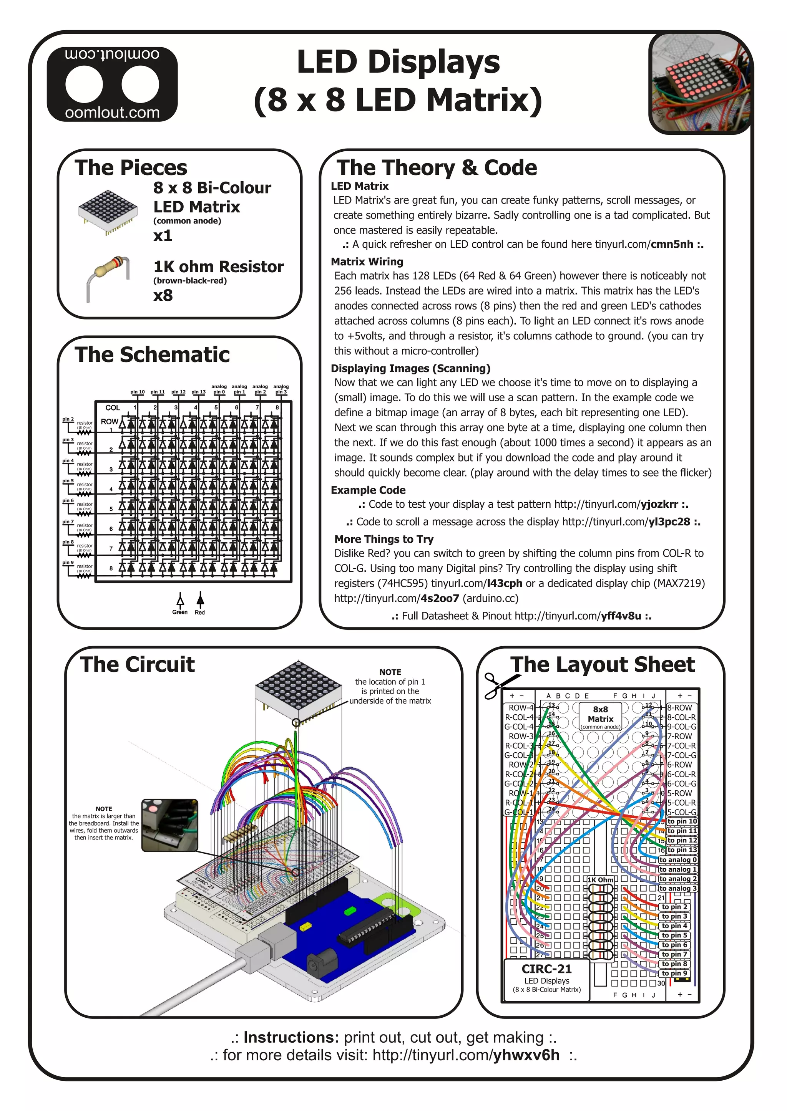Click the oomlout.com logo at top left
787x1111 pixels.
pos(112,84)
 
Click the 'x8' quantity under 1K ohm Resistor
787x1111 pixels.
pos(163,295)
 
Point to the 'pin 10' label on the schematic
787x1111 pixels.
pos(138,391)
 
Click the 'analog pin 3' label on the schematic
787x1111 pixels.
pos(281,389)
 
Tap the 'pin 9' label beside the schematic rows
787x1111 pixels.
pos(68,562)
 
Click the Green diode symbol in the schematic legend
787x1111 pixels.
pos(180,601)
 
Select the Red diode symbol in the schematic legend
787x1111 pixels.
pos(200,601)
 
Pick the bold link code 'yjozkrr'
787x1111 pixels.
pos(659,504)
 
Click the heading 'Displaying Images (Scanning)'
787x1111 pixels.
pos(410,368)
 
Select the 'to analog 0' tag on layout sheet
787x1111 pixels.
pos(677,859)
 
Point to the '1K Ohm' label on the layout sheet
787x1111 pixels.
pos(600,879)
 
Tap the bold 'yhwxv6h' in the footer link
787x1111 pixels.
pos(526,1055)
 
